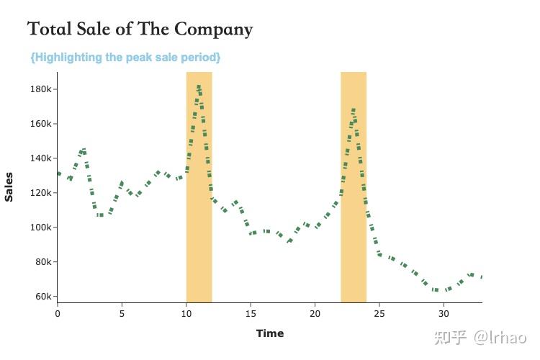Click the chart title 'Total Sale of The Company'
click(140, 30)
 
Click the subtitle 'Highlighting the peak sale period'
click(125, 57)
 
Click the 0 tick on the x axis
click(58, 313)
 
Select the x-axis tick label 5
click(122, 313)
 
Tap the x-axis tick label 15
click(251, 313)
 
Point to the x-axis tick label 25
click(379, 313)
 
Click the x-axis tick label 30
click(444, 313)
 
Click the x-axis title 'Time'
click(270, 333)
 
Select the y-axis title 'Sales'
click(9, 186)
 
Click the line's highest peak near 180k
click(199, 88)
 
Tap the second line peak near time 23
click(354, 110)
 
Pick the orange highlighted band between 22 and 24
click(354, 216)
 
